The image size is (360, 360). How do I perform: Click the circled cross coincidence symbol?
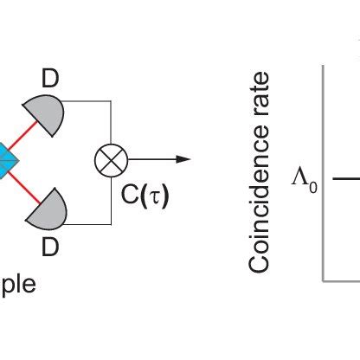click(111, 160)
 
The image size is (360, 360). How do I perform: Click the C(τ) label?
click(145, 196)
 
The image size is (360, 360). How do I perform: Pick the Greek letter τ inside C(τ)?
click(151, 197)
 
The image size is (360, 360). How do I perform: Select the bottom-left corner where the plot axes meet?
click(324, 280)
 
